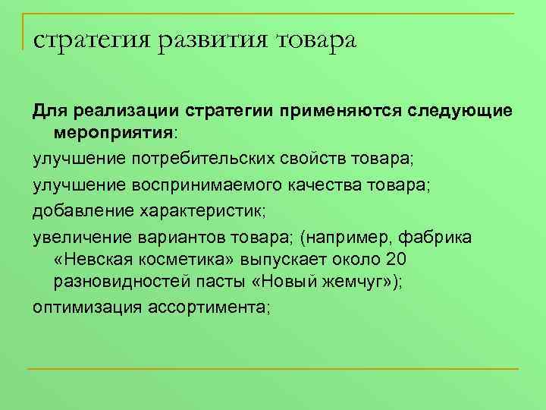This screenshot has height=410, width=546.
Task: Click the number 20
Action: pyautogui.click(x=397, y=260)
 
